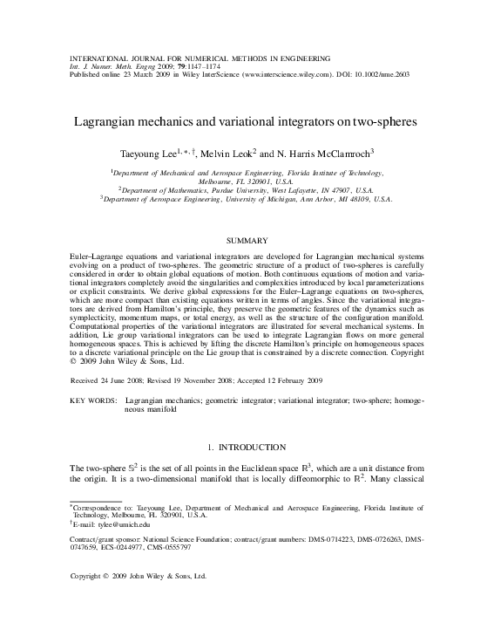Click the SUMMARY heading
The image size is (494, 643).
[x=246, y=239]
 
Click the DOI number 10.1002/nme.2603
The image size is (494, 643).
[x=380, y=73]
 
